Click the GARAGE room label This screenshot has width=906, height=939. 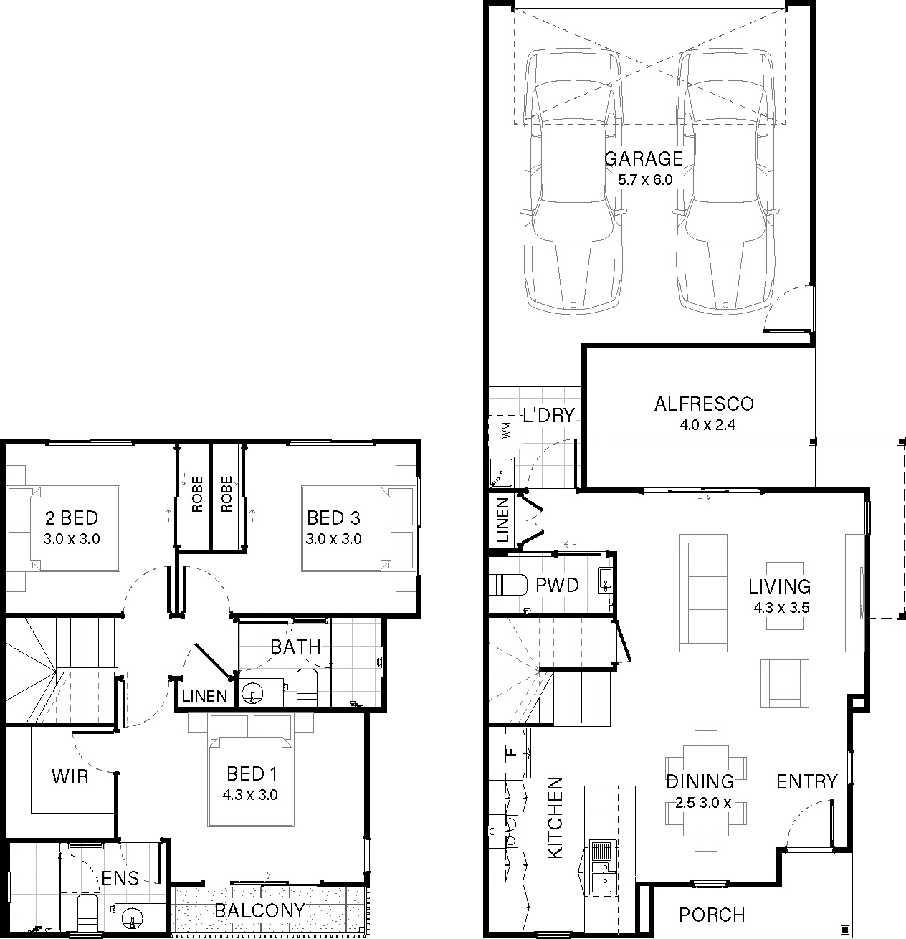pos(644,158)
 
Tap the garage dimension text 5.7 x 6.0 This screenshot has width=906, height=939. pos(645,180)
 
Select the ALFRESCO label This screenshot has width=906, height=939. pos(704,404)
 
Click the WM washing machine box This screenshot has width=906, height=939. pos(505,430)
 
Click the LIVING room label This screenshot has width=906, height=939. pos(780,587)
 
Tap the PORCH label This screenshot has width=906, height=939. pos(712,915)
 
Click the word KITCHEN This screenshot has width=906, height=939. pos(555,818)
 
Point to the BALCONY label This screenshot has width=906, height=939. pos(259,910)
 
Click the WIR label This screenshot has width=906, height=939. pos(70,777)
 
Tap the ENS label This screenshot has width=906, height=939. pos(120,878)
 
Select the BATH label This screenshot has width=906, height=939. pos(295,647)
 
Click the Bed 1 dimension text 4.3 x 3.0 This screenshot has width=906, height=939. pos(250,795)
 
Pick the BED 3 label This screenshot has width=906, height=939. pos(333,518)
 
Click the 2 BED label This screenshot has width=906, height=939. pos(72,518)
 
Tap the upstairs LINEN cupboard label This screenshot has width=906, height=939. pos(204,696)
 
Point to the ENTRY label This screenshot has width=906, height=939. pos(806,782)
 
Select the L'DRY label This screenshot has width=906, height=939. pos(549,415)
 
